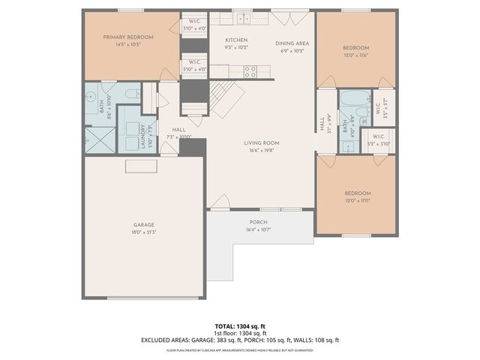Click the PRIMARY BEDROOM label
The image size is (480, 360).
pos(128,37)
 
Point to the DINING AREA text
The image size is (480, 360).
pos(292,43)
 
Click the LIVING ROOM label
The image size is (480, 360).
pos(261,142)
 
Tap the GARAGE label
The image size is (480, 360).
pos(144,225)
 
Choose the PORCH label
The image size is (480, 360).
pos(258,223)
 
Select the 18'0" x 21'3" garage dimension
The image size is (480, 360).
pos(144,232)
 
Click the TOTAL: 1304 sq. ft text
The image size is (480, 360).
pos(240,327)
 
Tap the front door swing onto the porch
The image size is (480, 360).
pos(220,201)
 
